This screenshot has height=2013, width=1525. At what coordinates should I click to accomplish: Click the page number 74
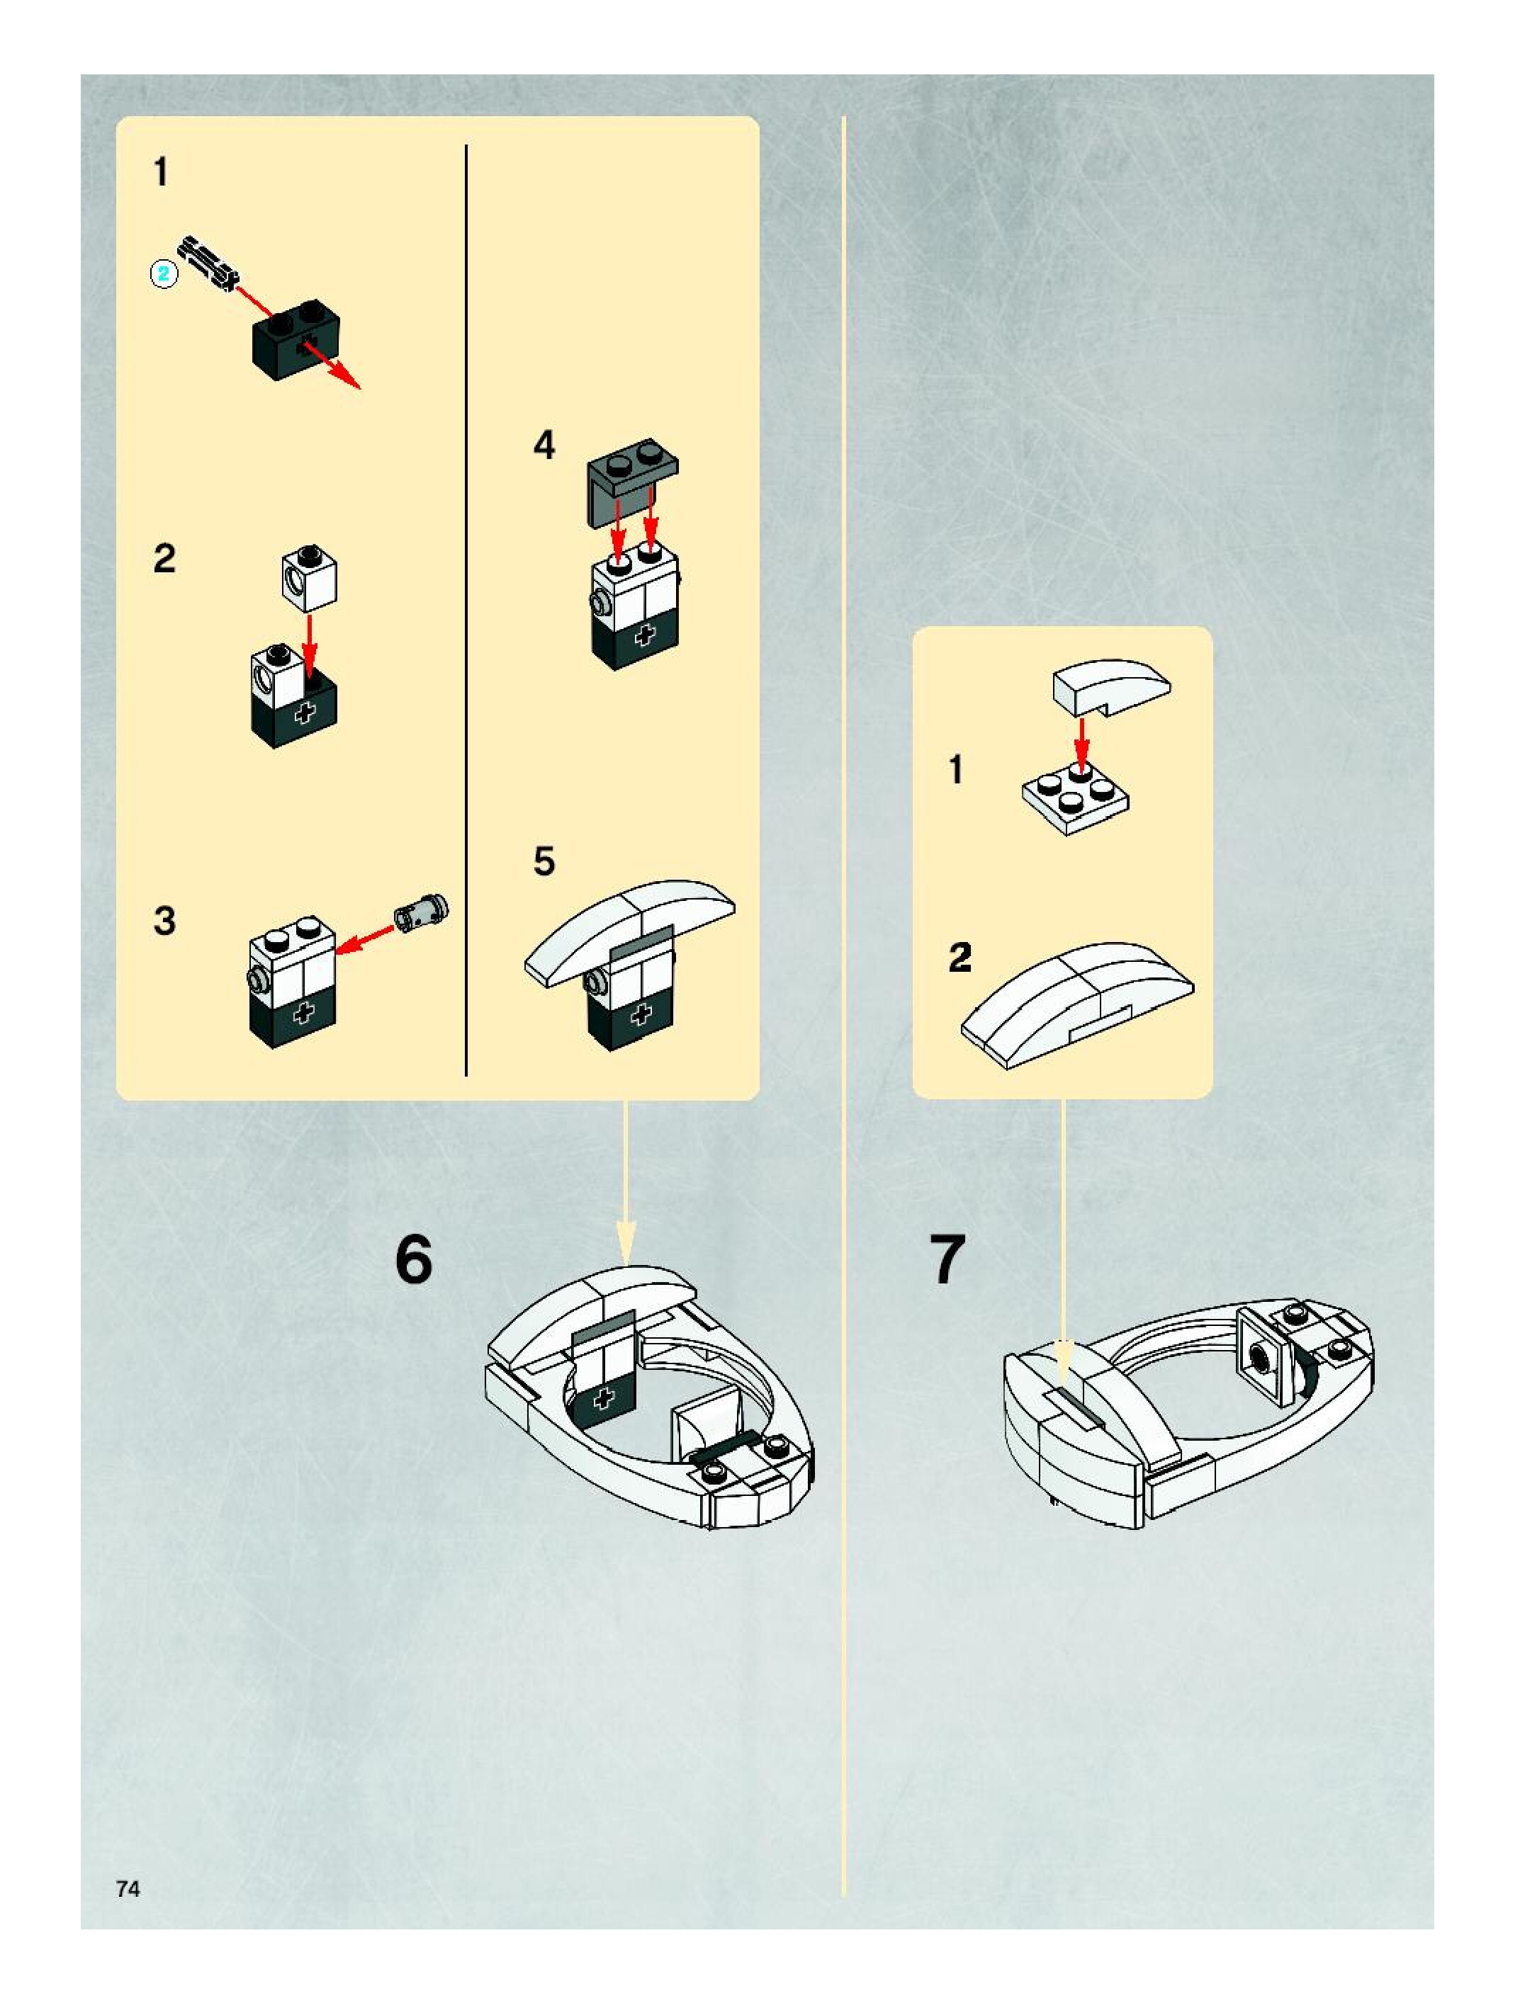[x=128, y=1889]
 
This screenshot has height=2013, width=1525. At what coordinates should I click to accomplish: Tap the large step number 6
[x=415, y=1260]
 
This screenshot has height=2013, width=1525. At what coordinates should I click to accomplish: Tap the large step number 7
[x=947, y=1260]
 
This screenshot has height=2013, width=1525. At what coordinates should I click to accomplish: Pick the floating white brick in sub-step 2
[x=310, y=579]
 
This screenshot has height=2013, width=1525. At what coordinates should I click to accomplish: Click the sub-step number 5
[x=544, y=861]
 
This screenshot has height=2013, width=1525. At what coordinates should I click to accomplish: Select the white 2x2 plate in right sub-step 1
[x=1074, y=801]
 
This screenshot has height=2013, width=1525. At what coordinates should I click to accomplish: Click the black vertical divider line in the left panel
[x=466, y=610]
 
